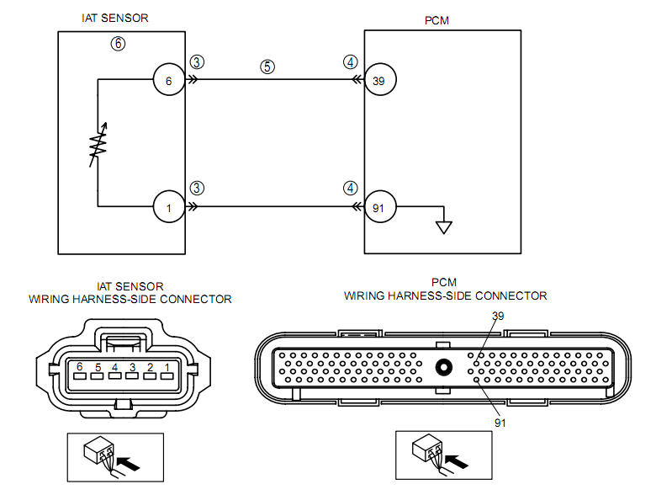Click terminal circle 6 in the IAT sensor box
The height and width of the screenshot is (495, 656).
168,81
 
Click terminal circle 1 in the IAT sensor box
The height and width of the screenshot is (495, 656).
168,206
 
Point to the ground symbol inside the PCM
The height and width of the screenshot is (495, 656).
443,225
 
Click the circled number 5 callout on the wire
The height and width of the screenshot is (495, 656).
267,67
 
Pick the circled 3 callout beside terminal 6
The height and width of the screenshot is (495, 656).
196,62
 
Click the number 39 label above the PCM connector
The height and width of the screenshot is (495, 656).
500,316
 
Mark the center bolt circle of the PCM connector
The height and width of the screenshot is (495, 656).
442,368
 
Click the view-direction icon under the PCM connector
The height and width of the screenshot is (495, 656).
442,459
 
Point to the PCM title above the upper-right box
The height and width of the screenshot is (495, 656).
437,21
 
